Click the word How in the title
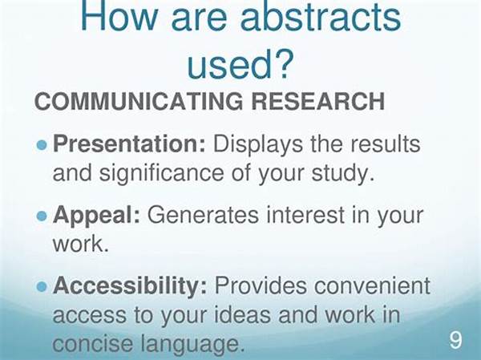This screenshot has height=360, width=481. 119,16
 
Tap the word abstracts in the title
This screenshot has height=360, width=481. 320,16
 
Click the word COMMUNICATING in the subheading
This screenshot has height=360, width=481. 139,101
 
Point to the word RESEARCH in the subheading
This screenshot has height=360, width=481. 318,101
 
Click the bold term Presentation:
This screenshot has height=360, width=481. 129,144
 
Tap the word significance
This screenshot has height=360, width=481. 162,174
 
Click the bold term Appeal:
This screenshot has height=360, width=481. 97,216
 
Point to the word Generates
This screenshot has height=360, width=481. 203,215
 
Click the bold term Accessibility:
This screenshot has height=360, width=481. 130,286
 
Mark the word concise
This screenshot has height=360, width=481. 93,344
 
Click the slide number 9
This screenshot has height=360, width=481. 455,340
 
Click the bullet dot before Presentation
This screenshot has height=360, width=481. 42,145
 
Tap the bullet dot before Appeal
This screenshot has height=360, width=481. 42,216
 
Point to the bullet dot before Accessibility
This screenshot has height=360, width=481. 42,287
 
